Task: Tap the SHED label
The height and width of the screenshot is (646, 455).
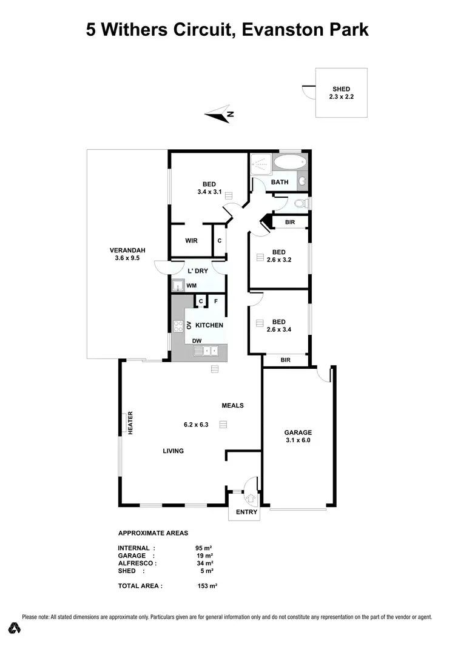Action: [x=341, y=89]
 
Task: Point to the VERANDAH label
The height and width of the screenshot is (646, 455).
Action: [x=127, y=251]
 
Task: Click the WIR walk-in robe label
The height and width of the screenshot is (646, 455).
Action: [x=191, y=241]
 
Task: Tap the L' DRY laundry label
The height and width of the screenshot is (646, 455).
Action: [x=198, y=271]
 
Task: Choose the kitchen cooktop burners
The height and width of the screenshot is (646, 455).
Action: [x=179, y=326]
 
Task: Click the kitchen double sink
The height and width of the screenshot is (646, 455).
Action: [x=210, y=351]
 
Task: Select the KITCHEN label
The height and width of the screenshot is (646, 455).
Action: [x=209, y=325]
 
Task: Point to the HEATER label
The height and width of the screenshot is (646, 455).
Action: [x=130, y=423]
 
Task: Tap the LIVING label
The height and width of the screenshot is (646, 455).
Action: [x=173, y=451]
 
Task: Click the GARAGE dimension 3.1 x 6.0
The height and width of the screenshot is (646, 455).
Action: [x=298, y=441]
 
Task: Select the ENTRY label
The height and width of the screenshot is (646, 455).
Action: [x=246, y=512]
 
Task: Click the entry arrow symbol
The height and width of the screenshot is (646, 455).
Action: [x=252, y=498]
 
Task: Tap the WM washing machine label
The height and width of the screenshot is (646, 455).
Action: [x=191, y=285]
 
